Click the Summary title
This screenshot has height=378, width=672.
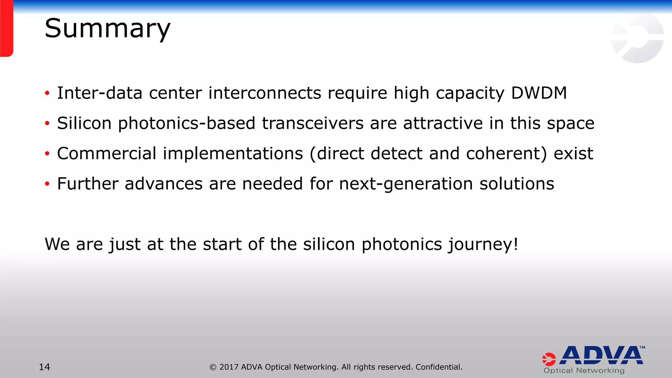click(x=107, y=29)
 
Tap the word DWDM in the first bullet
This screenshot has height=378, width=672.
click(x=539, y=93)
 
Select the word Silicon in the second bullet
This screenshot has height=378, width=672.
click(x=84, y=123)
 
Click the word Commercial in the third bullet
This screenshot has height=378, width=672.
click(x=107, y=154)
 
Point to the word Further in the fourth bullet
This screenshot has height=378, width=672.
click(x=88, y=184)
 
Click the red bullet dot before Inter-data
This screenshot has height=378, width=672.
click(x=47, y=94)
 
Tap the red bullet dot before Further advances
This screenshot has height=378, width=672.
click(x=47, y=184)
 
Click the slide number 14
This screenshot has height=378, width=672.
click(x=45, y=367)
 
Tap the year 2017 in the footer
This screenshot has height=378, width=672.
click(x=229, y=367)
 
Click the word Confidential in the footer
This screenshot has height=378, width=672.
click(x=439, y=367)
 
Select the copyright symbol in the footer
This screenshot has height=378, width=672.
click(x=213, y=367)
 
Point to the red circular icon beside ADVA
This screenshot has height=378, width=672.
click(x=549, y=359)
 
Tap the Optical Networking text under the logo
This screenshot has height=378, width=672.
click(x=584, y=371)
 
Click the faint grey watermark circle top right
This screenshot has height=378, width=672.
click(x=637, y=38)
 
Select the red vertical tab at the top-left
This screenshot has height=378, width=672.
click(x=6, y=28)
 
